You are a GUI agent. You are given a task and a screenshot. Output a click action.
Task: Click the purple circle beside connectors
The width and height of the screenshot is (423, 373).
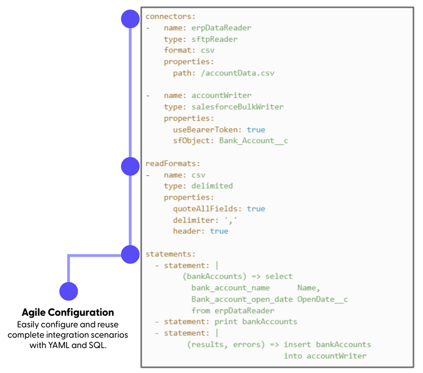[x=130, y=19]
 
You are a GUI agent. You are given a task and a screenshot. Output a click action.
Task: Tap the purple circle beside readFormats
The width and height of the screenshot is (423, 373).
[x=130, y=166]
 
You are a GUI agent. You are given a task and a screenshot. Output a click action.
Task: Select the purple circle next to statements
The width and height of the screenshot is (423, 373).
[x=130, y=254]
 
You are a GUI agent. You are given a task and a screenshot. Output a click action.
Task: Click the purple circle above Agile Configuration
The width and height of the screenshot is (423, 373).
[x=68, y=291]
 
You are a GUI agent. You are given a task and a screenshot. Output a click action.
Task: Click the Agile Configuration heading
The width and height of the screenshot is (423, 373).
[x=68, y=313]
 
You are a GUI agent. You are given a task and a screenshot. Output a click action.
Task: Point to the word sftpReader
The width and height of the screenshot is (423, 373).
[x=214, y=39]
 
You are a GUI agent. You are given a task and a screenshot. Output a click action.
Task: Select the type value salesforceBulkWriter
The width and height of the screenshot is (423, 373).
[x=237, y=107]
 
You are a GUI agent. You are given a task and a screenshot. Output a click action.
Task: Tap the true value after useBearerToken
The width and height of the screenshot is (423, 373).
[x=255, y=129]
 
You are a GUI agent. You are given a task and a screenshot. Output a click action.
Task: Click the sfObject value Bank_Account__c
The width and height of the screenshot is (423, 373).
[x=254, y=141]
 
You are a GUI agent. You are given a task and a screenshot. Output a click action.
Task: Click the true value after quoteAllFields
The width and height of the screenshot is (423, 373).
[x=255, y=209]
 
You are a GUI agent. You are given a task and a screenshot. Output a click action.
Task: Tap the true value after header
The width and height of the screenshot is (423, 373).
[x=219, y=231]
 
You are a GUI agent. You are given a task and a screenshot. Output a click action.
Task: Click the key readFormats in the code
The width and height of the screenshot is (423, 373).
[x=169, y=163]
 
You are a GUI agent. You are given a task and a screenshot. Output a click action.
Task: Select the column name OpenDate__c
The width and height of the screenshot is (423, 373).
[x=323, y=299]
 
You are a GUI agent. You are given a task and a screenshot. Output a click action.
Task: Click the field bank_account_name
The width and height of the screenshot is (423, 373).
[x=230, y=288]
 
